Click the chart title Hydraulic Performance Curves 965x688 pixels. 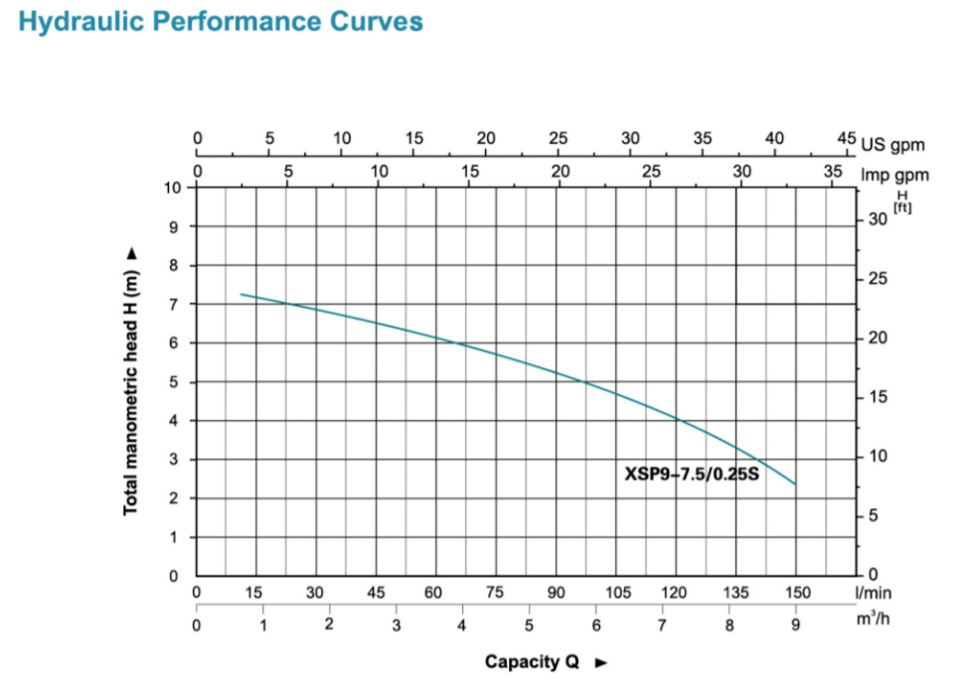click(221, 22)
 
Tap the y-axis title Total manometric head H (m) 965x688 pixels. click(130, 380)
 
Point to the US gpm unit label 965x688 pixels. click(894, 145)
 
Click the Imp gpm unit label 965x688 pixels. click(895, 176)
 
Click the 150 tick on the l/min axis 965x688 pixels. click(797, 593)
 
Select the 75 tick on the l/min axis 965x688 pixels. click(495, 593)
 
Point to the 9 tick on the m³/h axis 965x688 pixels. click(796, 625)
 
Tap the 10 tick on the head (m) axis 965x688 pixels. click(173, 188)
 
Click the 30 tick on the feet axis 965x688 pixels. click(876, 220)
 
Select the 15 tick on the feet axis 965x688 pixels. click(876, 397)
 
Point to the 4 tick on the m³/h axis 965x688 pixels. click(462, 625)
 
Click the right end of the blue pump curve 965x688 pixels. click(795, 483)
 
